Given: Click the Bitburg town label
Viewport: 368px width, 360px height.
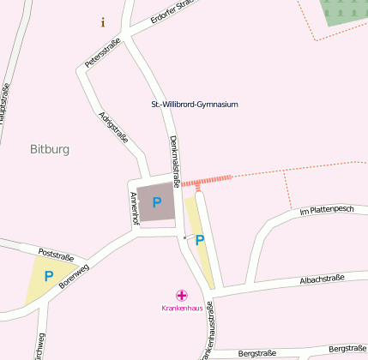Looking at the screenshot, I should (49, 149).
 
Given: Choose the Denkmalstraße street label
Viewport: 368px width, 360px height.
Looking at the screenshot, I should (174, 159).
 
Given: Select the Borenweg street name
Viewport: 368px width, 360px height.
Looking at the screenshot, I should (74, 279).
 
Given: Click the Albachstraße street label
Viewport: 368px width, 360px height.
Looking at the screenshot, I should (322, 278).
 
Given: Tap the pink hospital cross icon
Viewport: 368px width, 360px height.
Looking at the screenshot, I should (182, 295).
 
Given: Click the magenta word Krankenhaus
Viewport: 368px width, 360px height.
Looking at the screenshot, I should (182, 308).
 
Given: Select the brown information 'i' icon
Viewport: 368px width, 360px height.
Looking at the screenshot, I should (103, 22).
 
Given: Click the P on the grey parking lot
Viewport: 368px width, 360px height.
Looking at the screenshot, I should (156, 202).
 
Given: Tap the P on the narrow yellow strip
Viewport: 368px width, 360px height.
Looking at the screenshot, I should (199, 241).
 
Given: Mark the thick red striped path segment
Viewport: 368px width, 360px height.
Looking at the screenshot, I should (207, 180).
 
